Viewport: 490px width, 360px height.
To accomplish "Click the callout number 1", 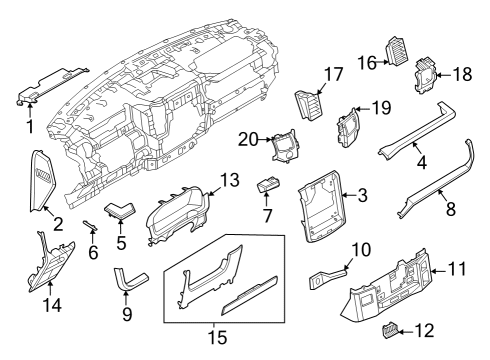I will click(x=29, y=127).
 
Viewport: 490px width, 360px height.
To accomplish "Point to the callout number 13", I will click(x=230, y=179).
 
